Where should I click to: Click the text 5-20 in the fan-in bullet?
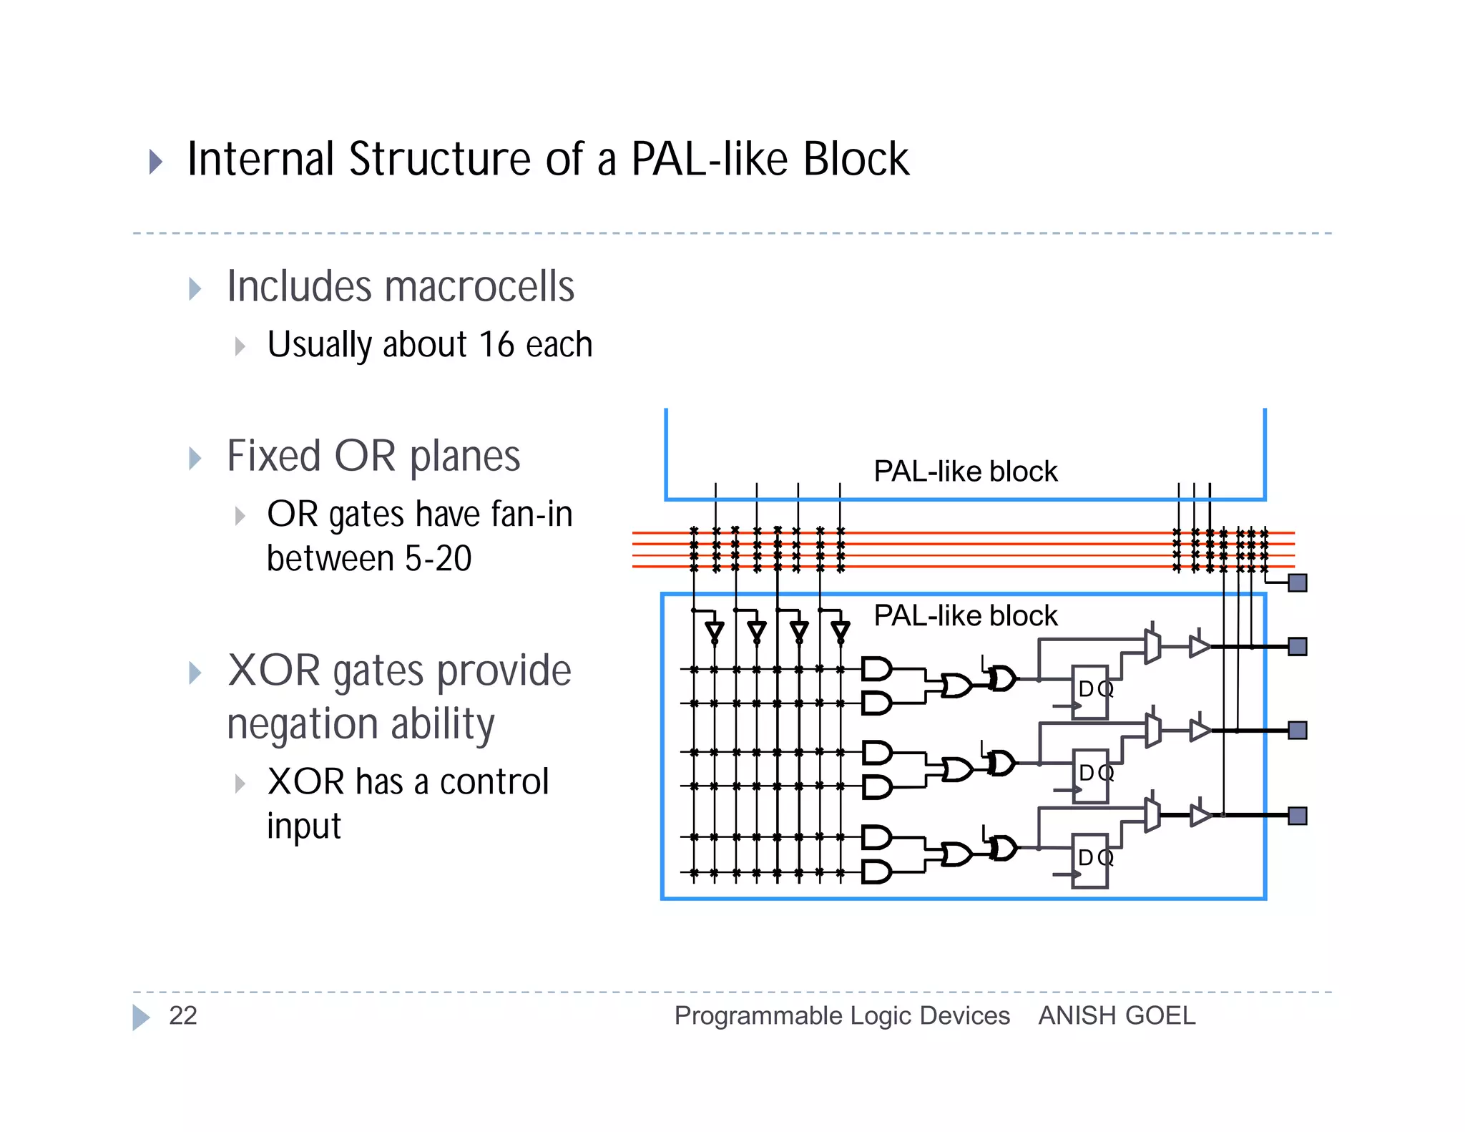click(x=438, y=559)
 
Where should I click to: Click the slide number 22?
click(x=182, y=1016)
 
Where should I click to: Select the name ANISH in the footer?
click(x=1071, y=1016)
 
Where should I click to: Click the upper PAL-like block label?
click(x=965, y=472)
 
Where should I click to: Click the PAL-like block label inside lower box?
click(x=965, y=615)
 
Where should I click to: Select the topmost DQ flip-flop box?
click(x=1090, y=692)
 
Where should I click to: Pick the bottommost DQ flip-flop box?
click(x=1090, y=860)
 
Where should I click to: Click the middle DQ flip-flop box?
click(x=1090, y=776)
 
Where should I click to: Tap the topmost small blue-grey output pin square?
click(x=1297, y=583)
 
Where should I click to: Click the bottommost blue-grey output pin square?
click(x=1297, y=816)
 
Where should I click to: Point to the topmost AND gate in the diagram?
click(x=876, y=670)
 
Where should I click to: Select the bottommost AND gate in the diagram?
click(x=876, y=872)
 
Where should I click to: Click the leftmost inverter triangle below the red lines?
click(x=715, y=630)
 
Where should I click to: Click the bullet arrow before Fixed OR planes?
click(x=195, y=458)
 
